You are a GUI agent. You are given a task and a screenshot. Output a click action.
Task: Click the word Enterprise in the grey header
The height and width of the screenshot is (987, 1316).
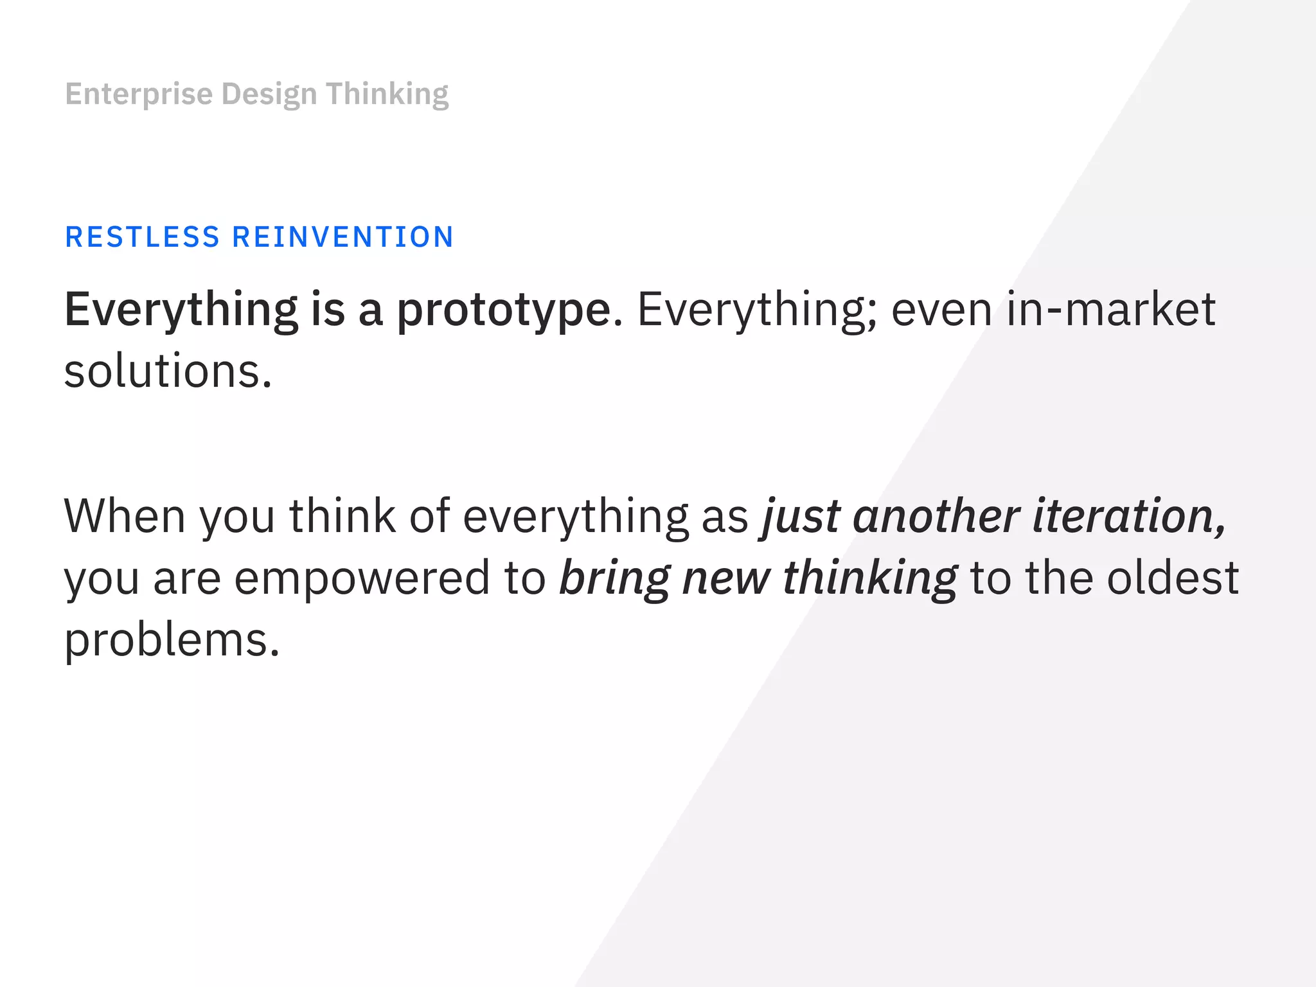tap(139, 94)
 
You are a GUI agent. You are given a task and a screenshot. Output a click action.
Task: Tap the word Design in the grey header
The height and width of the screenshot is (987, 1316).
tap(269, 94)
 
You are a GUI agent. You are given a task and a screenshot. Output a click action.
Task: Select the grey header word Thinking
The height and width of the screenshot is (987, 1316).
tap(387, 94)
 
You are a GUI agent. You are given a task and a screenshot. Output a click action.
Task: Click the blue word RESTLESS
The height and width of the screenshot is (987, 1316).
tap(143, 237)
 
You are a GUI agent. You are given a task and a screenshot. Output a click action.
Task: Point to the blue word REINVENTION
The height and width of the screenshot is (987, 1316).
tap(342, 237)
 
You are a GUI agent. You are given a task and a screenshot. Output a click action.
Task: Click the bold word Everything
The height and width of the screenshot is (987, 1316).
tap(181, 310)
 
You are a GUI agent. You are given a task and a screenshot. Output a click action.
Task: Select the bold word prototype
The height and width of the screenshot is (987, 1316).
tap(503, 310)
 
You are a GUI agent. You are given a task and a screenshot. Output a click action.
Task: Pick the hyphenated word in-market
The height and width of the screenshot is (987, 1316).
tap(1111, 310)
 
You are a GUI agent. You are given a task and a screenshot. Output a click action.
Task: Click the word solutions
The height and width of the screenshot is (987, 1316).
tap(167, 373)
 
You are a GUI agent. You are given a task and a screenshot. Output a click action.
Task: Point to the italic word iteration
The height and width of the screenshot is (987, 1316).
tap(1128, 516)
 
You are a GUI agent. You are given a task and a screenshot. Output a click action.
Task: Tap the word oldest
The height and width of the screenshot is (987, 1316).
tap(1173, 578)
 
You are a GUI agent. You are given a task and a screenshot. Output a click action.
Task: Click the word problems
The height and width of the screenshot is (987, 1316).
tap(172, 641)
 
